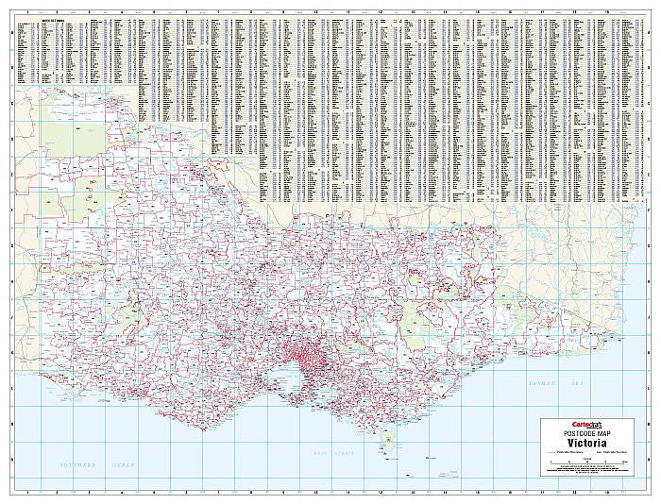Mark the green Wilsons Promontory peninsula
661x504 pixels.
[x=387, y=440]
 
